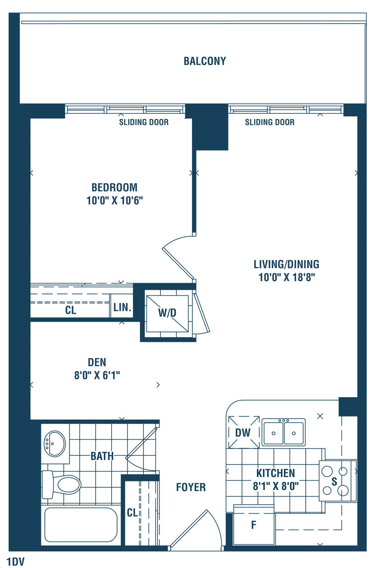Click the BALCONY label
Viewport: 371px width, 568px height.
(205, 61)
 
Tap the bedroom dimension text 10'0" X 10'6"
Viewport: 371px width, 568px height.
(114, 200)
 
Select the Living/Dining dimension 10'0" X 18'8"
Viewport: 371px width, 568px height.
(287, 277)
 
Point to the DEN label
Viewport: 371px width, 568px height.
(97, 362)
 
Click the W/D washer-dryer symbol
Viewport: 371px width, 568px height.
(167, 314)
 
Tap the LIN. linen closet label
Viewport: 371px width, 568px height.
(122, 307)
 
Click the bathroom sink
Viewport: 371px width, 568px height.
(54, 444)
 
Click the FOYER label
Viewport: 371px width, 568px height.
(191, 488)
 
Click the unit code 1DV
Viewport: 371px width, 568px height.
(16, 562)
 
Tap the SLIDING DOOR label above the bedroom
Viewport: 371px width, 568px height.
(144, 122)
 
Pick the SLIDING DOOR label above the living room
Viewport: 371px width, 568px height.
(270, 122)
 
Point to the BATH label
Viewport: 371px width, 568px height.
(102, 456)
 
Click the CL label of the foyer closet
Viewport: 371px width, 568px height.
(132, 513)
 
